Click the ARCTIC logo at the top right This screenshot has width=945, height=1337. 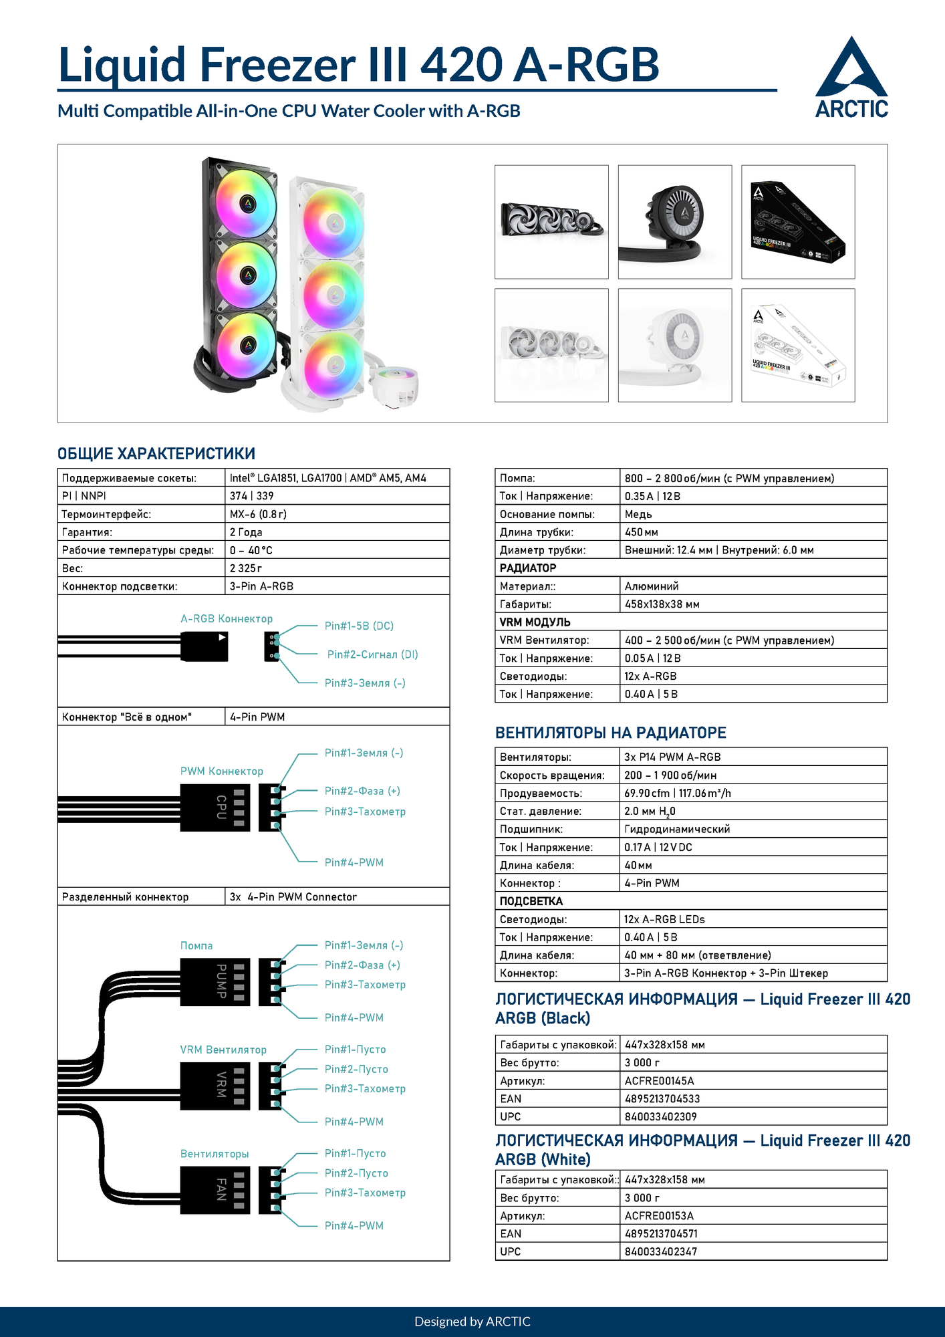(x=851, y=78)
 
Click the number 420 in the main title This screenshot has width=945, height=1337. (x=461, y=66)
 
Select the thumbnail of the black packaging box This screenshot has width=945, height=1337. (x=798, y=222)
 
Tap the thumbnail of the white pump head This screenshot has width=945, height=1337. (x=675, y=345)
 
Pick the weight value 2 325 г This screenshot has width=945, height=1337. (x=246, y=568)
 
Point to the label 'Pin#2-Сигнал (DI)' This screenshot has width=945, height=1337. (x=372, y=654)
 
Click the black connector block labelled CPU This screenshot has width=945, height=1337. (x=215, y=808)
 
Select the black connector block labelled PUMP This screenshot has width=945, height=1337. (x=215, y=982)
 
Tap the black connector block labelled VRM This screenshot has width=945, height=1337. (x=215, y=1086)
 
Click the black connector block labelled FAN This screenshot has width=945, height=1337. (x=215, y=1190)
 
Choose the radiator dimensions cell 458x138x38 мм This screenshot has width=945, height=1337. (x=662, y=604)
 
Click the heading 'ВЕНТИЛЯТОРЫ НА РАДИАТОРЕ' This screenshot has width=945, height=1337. (x=610, y=733)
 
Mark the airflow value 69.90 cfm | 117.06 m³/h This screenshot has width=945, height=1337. (x=677, y=794)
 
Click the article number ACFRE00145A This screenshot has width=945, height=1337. (x=659, y=1081)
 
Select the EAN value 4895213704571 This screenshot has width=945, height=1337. (x=662, y=1233)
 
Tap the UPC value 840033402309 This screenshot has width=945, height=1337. (x=660, y=1116)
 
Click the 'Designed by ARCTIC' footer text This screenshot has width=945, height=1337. (x=472, y=1322)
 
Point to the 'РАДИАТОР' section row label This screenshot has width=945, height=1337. (x=528, y=568)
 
